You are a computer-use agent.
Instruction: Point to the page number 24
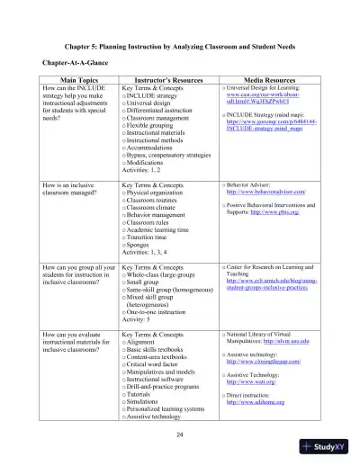pos(180,433)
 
